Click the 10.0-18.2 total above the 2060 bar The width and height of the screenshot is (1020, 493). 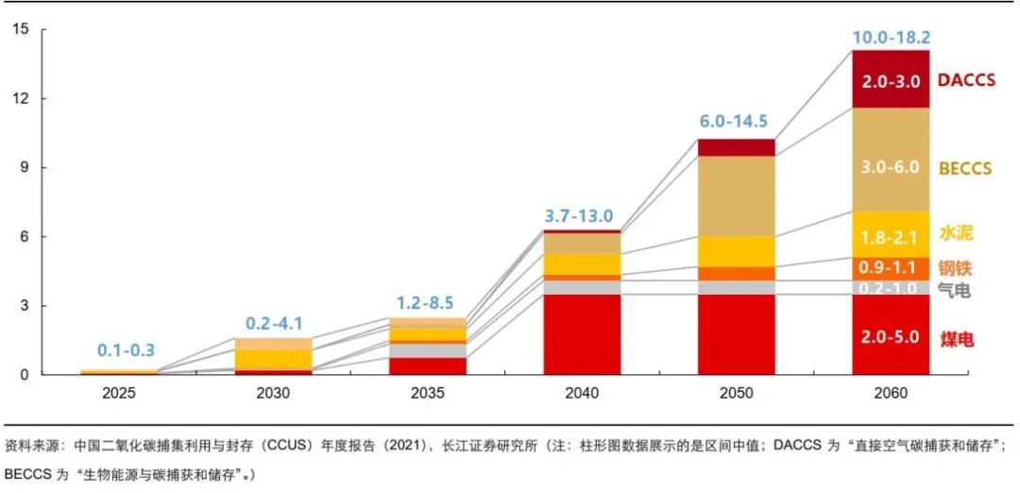(891, 38)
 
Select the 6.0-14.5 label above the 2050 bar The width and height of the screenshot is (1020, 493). (732, 122)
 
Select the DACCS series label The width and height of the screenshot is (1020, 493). (966, 80)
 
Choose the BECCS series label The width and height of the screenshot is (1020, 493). (964, 169)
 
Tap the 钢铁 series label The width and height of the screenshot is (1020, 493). (955, 267)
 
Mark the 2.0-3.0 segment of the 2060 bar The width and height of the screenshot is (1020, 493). (891, 81)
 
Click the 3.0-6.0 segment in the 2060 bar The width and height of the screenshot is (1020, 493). (891, 167)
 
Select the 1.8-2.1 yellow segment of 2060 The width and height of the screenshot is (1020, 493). (891, 236)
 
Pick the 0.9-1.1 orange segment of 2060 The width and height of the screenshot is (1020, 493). (891, 268)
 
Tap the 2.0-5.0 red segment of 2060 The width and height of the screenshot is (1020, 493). (891, 335)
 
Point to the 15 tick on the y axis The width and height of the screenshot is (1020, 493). (21, 29)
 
